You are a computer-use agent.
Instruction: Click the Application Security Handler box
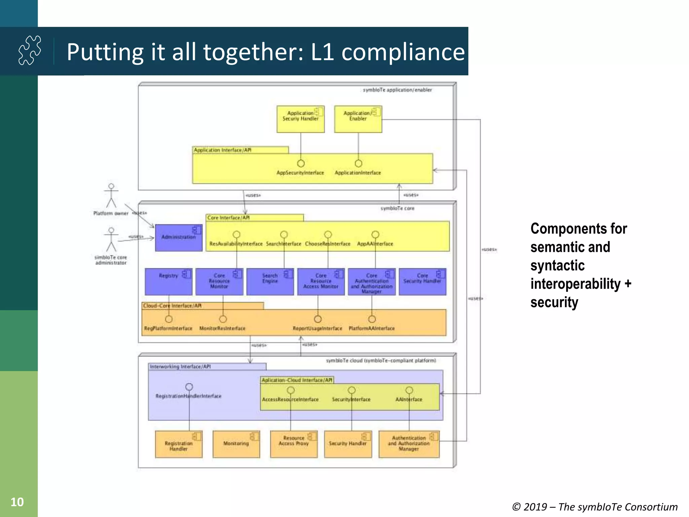click(300, 119)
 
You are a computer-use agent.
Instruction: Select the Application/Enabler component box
click(358, 119)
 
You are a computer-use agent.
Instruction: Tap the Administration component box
click(179, 238)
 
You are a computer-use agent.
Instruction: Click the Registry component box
click(169, 282)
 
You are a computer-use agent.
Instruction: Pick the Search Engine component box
click(270, 282)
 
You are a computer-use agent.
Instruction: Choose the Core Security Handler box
click(422, 282)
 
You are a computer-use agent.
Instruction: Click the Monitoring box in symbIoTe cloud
click(236, 444)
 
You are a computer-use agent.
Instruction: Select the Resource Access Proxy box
click(294, 444)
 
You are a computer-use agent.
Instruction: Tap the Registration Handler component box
click(179, 444)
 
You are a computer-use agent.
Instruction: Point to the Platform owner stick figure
click(111, 196)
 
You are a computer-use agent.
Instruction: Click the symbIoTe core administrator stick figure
click(111, 240)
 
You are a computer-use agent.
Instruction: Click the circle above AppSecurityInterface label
click(301, 163)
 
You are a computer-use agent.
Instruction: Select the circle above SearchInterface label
click(284, 234)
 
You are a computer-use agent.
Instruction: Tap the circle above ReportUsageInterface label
click(318, 319)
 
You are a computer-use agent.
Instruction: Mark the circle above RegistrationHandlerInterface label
click(189, 387)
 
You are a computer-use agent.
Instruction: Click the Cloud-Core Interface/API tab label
click(172, 306)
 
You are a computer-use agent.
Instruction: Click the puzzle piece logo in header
click(30, 50)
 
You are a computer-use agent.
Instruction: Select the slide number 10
click(17, 502)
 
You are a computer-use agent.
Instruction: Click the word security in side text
click(554, 302)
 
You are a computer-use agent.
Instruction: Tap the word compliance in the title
click(403, 52)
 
